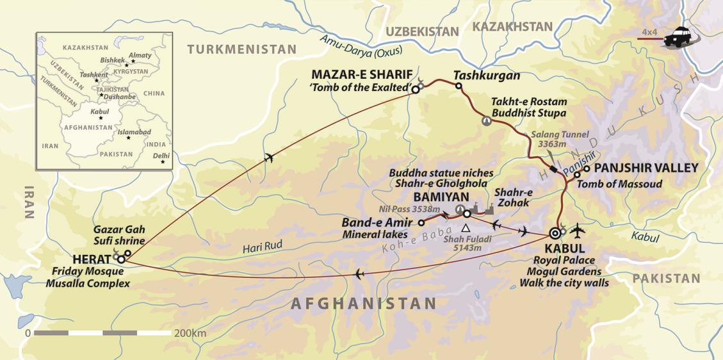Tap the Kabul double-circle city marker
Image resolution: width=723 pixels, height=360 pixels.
click(555, 233)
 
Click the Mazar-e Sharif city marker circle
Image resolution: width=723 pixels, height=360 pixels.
click(415, 90)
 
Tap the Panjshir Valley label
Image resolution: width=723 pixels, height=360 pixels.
click(646, 168)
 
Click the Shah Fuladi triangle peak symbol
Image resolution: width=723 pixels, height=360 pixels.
click(466, 228)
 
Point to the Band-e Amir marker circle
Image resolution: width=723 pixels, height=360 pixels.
click(421, 223)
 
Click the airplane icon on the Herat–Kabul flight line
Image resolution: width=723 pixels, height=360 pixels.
click(358, 275)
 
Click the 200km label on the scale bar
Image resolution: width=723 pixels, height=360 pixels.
click(190, 334)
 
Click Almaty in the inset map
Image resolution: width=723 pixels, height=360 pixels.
click(140, 56)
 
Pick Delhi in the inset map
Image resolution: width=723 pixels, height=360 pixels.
click(161, 156)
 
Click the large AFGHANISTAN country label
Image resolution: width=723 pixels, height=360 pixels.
click(364, 303)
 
